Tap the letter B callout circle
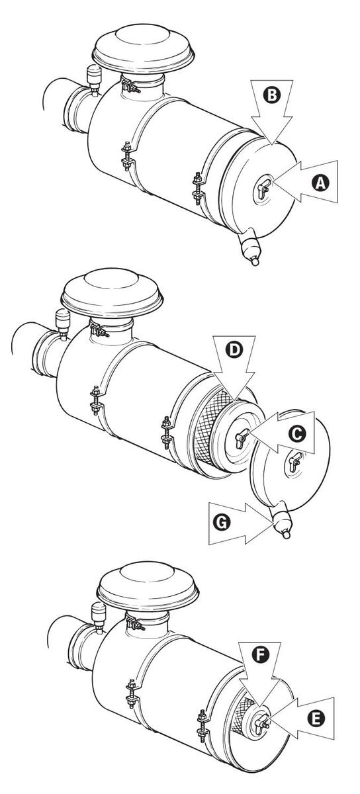pos(272,95)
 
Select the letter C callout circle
pos(297,433)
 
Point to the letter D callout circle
pos(234,350)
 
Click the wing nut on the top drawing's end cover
pos(263,188)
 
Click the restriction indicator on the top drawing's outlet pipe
pos(93,79)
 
